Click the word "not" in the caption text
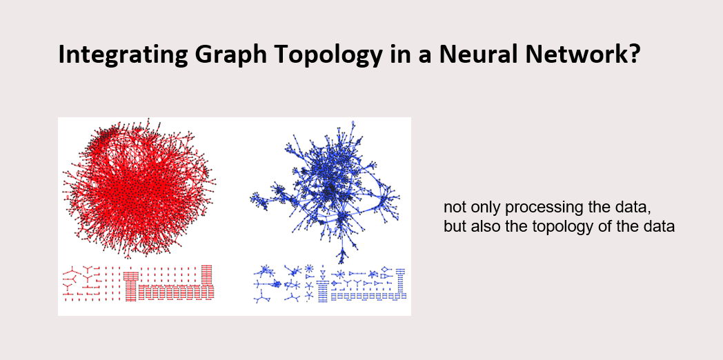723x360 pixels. [454, 208]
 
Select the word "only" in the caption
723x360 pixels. [484, 208]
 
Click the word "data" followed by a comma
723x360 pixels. [635, 208]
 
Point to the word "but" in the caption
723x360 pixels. [454, 227]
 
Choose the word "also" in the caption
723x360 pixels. [484, 227]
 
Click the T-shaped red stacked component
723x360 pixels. [130, 284]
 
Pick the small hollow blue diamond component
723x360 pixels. [384, 269]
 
